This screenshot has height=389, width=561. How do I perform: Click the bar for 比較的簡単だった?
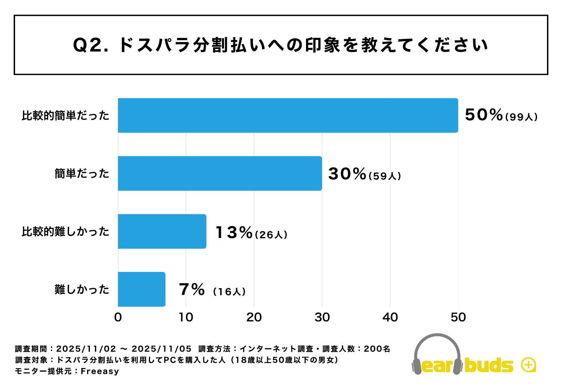pos(288,115)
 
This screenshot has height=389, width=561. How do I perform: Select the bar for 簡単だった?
pos(220,173)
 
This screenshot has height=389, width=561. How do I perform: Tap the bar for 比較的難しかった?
pos(162,231)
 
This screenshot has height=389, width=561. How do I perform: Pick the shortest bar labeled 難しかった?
pos(141,289)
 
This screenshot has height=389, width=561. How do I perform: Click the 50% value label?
pos(484,115)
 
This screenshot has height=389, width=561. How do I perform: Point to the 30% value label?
pos(347,174)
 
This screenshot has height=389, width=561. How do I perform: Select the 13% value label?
pos(234,232)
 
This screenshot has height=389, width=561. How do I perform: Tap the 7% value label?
pos(192,289)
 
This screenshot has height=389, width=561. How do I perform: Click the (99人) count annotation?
pos(521,117)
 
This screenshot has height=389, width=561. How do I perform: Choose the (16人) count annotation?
pos(229,291)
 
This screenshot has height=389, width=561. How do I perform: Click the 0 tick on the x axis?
pos(118,317)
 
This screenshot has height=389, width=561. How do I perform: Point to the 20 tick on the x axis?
pos(254,317)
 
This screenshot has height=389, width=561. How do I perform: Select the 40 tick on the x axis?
pos(390,317)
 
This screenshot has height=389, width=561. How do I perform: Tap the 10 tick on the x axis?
pos(186,317)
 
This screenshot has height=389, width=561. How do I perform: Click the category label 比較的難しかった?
pos(65,232)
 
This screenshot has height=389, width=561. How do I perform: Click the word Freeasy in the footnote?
pos(100,371)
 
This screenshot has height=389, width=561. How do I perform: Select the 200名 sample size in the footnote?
pos(377,349)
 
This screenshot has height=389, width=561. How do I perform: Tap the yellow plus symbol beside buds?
pos(528,365)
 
